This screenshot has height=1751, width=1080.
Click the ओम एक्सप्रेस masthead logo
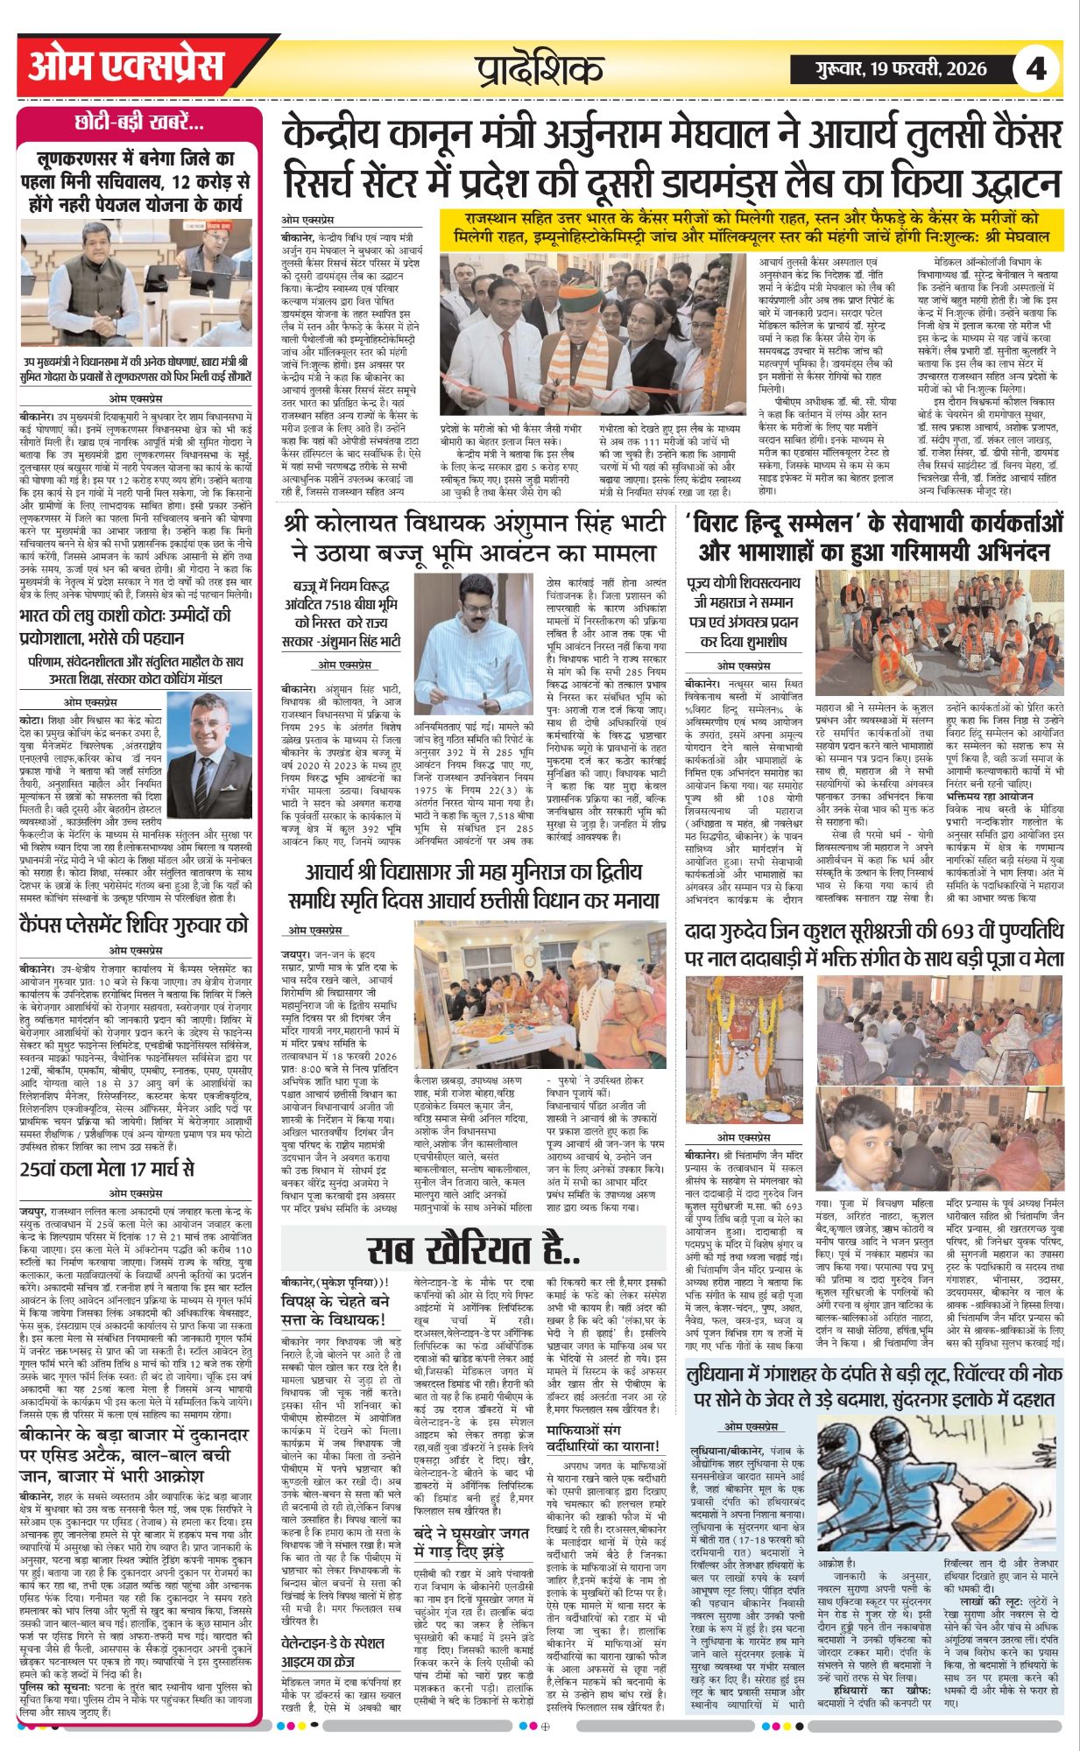tap(127, 68)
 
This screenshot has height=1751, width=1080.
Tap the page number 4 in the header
tap(1036, 68)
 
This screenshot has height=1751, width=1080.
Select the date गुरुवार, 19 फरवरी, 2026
tap(900, 68)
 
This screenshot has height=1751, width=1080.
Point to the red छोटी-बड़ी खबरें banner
tap(140, 123)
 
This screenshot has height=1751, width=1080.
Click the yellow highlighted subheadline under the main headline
tap(752, 229)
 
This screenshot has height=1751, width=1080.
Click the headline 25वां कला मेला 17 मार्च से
tap(107, 1169)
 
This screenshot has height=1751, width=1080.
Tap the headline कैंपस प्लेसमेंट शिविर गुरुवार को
tap(133, 924)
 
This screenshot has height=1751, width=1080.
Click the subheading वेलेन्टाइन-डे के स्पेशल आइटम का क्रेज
tap(342, 1649)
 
